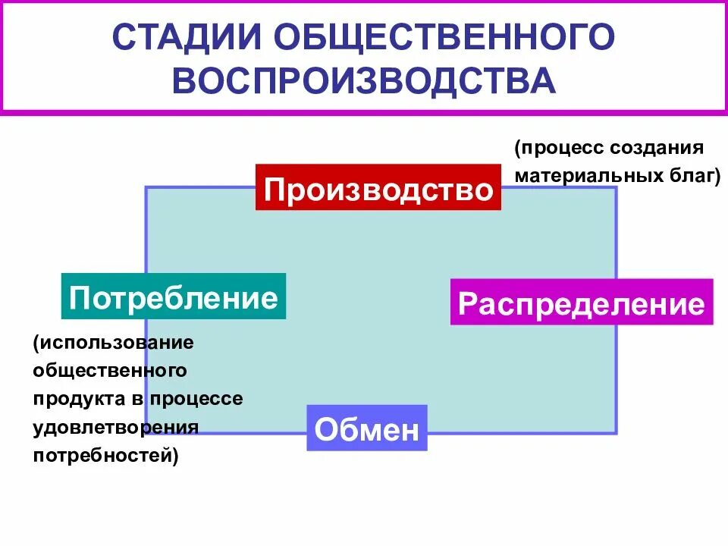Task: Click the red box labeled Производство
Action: [378, 187]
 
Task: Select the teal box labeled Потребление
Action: [174, 297]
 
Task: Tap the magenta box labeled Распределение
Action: [582, 303]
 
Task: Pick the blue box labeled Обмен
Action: [367, 428]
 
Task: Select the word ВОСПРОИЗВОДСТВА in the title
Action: [364, 81]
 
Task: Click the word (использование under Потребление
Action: [114, 343]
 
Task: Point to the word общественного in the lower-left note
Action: [110, 371]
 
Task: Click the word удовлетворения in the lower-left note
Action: [115, 427]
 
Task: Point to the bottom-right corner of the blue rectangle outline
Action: [616, 433]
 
